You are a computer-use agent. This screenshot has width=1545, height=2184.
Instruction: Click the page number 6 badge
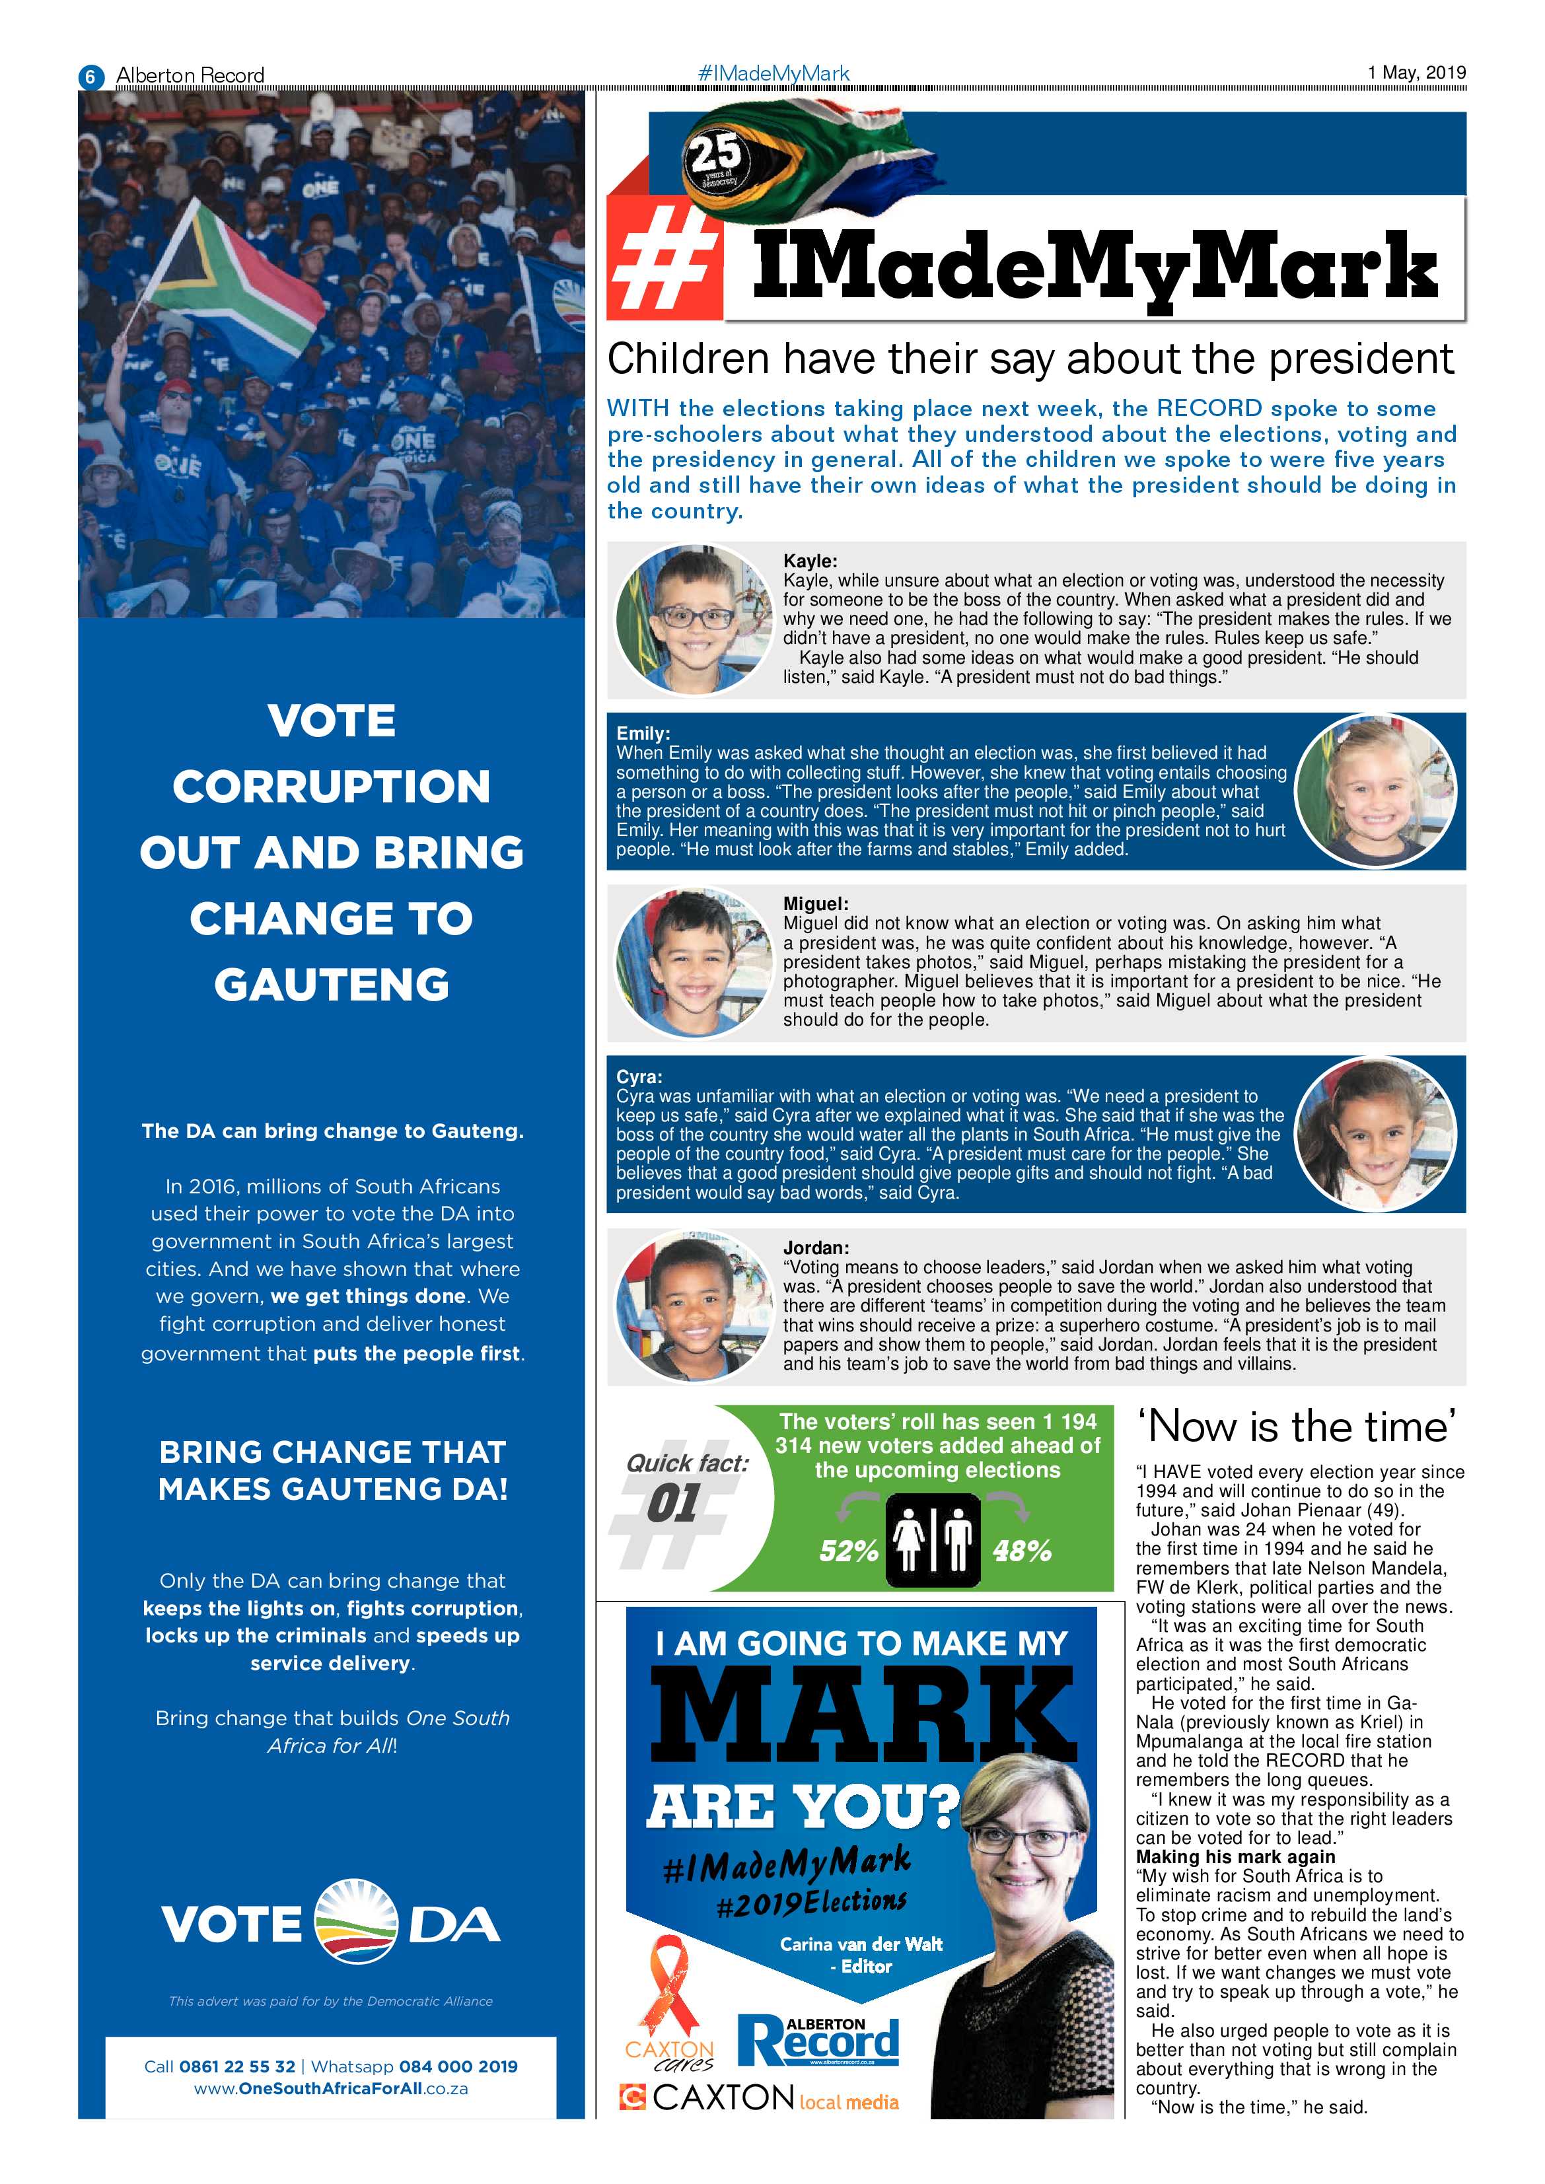point(90,76)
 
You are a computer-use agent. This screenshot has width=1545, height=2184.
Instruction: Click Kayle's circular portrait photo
point(693,620)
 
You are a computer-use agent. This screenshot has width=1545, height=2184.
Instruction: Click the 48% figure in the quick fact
point(1022,1551)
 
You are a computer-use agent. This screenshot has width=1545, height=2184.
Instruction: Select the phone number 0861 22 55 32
point(237,2066)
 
